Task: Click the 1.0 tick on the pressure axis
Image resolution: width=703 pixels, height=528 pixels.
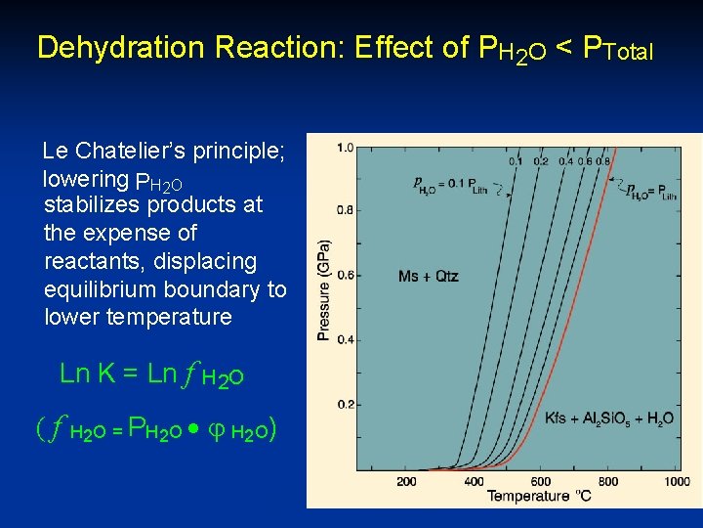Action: tap(346, 148)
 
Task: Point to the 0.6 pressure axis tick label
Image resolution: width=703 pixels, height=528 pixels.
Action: tap(346, 276)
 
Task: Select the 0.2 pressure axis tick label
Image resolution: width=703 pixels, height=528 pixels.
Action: tap(346, 404)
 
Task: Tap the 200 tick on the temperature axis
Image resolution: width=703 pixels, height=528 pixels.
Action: tap(407, 482)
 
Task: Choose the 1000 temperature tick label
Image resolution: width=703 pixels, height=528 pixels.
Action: tap(676, 482)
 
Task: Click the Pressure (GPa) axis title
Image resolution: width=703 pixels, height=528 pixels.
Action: tap(323, 290)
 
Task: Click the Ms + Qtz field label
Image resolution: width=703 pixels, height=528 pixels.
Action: tap(429, 277)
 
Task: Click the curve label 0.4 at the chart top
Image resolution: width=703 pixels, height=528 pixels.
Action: tap(566, 161)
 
